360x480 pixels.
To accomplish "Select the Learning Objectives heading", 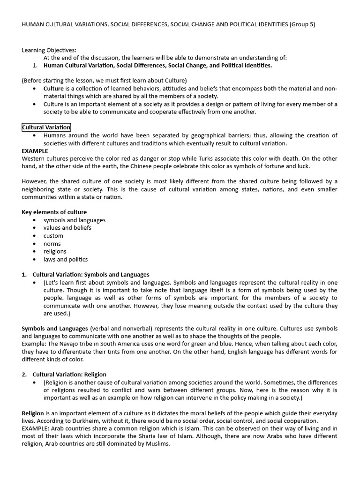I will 49,50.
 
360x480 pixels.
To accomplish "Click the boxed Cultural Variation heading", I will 46,127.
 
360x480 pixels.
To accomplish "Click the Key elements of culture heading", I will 54,212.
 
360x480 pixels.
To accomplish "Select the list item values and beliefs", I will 67,228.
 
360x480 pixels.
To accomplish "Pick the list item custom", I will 53,236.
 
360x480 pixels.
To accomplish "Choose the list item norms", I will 52,244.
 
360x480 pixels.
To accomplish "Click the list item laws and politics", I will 65,259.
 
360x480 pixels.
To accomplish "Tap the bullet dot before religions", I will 35,252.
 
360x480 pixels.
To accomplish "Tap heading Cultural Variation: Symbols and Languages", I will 91,274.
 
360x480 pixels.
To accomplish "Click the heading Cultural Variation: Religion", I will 69,375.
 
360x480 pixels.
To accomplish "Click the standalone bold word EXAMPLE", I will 35,151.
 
